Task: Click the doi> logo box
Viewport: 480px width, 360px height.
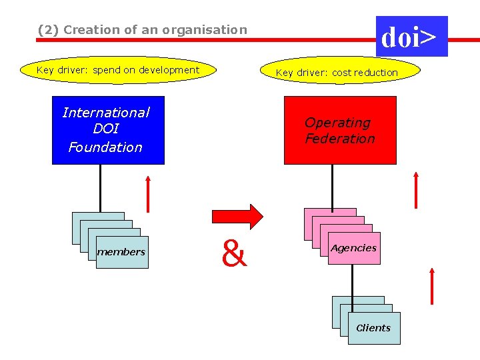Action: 411,37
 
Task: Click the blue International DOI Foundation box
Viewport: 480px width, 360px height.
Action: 108,130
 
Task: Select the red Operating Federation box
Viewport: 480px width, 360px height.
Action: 340,130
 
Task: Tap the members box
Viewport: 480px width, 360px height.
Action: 122,252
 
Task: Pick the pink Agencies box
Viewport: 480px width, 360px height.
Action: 354,248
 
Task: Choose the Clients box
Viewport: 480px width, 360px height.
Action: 374,328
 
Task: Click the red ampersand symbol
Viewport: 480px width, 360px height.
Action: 234,253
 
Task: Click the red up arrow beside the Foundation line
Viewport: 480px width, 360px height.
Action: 148,193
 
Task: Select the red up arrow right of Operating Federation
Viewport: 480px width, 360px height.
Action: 415,190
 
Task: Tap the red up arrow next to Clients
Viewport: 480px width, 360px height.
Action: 432,286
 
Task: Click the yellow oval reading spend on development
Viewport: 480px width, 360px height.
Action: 118,70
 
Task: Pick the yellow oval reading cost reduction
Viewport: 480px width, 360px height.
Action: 337,72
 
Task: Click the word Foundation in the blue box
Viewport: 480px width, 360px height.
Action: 105,147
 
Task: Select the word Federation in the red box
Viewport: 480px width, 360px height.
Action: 340,139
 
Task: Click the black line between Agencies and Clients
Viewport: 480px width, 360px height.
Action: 353,280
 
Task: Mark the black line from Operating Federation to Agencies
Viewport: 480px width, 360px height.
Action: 332,186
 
